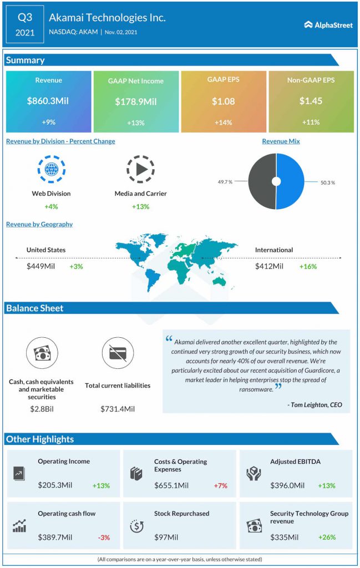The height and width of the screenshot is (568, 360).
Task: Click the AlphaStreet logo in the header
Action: click(328, 25)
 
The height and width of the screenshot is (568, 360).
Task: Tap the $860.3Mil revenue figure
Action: click(48, 101)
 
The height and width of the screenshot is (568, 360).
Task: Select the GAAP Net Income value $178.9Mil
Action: click(136, 102)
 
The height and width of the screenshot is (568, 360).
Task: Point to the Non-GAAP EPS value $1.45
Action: click(311, 101)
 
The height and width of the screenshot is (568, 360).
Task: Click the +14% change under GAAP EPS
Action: click(223, 123)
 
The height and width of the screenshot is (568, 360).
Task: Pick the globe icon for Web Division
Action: click(51, 169)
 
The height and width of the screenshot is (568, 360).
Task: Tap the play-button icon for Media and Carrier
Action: click(140, 169)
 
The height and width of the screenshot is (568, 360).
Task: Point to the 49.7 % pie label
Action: click(226, 182)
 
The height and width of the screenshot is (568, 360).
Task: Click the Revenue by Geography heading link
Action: click(39, 224)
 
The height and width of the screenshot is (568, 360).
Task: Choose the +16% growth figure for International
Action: click(308, 267)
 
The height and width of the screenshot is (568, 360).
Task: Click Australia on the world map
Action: click(220, 281)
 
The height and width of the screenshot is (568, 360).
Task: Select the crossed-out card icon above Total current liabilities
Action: click(118, 353)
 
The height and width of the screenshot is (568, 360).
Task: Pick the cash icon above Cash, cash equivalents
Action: click(42, 353)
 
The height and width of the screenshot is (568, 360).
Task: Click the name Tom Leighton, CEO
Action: click(315, 405)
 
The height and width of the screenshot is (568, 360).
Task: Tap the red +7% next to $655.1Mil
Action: click(220, 486)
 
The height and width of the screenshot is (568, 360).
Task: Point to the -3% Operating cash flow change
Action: click(103, 537)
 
